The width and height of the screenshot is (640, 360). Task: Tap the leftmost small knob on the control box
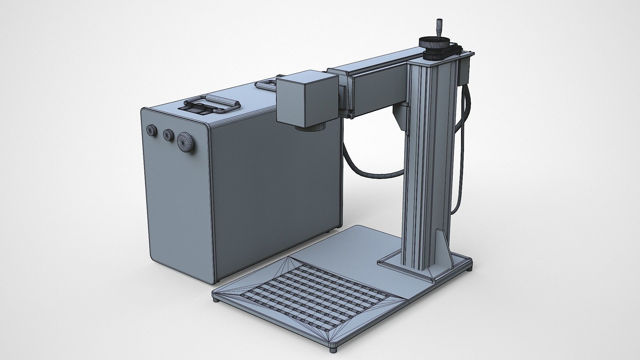point(152,130)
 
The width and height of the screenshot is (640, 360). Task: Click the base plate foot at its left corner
point(217,300)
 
